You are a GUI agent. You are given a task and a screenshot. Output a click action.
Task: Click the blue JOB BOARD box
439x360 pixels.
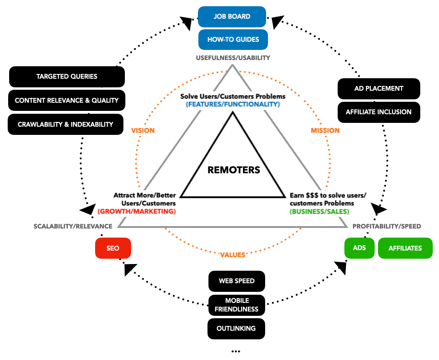tap(232, 16)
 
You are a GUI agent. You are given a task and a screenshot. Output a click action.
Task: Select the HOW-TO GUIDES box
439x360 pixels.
tap(233, 39)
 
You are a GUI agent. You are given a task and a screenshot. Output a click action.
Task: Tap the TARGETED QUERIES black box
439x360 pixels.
tap(67, 76)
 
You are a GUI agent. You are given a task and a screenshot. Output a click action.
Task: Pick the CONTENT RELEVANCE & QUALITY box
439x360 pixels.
tap(67, 100)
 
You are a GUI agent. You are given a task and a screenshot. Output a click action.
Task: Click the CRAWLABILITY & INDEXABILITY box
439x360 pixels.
tap(65, 124)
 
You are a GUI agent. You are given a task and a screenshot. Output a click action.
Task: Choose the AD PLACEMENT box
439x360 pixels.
tap(378, 88)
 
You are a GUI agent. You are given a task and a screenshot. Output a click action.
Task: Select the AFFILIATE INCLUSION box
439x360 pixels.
tap(378, 112)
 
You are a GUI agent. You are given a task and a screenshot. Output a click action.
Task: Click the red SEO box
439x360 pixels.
tap(113, 248)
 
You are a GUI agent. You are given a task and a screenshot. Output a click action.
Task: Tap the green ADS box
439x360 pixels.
tap(359, 248)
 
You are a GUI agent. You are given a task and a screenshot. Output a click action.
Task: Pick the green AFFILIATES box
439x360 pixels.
tap(405, 248)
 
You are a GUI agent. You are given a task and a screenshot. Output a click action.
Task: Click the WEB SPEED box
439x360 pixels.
tap(236, 281)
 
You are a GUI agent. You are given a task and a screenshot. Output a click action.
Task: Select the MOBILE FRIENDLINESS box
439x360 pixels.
tap(236, 305)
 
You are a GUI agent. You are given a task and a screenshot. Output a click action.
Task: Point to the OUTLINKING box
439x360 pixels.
tap(236, 329)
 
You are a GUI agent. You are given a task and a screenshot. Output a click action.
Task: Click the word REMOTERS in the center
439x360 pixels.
tap(234, 170)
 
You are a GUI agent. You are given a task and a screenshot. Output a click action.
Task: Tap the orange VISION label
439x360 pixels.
tap(143, 131)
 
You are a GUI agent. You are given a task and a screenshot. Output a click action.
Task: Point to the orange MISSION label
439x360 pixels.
tap(325, 131)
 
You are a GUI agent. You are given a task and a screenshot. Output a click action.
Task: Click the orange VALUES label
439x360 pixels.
tap(232, 255)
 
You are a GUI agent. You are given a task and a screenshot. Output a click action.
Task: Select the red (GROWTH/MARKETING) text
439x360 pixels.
tap(137, 211)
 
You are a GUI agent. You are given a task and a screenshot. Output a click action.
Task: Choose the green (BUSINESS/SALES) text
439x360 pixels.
tap(319, 211)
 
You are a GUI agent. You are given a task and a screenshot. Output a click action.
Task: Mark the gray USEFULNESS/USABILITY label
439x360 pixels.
tap(233, 58)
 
